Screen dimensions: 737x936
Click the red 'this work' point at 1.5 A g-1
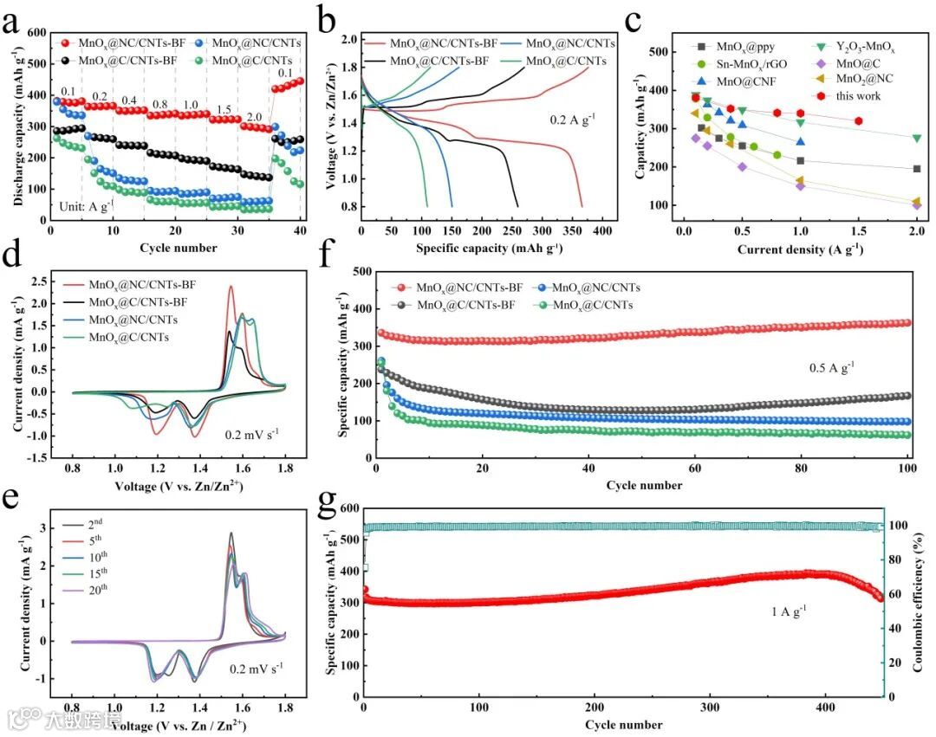[x=858, y=120]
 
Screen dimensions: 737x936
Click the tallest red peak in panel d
[x=231, y=288]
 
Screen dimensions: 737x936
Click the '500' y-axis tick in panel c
[x=660, y=52]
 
